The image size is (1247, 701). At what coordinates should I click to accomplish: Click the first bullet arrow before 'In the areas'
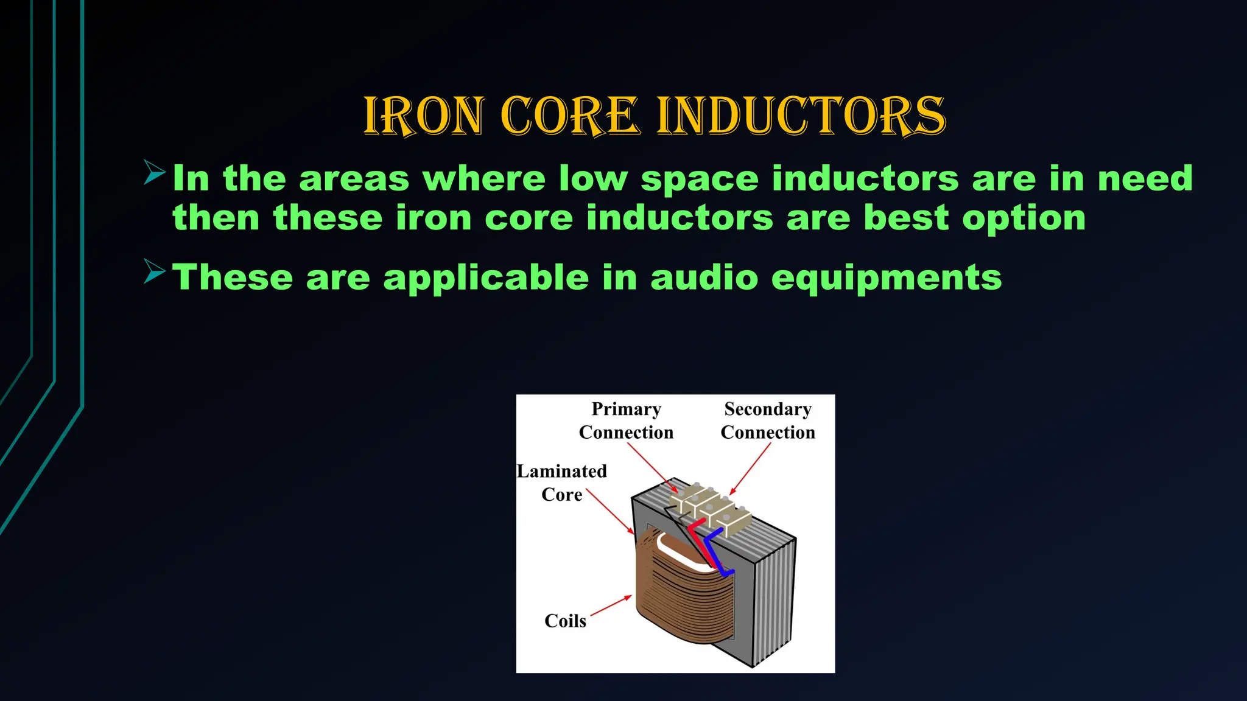point(155,172)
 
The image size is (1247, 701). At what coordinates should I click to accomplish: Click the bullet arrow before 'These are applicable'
point(155,271)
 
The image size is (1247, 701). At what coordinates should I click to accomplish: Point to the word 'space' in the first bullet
point(700,180)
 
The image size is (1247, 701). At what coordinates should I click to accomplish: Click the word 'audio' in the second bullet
point(704,277)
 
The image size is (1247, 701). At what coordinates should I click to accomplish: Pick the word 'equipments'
point(886,279)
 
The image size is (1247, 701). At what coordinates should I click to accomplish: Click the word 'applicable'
point(485,279)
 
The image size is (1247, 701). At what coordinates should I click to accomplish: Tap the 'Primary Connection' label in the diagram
point(626,420)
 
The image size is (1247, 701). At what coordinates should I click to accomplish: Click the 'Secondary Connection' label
point(768,420)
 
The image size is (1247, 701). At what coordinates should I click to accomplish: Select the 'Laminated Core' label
point(561,483)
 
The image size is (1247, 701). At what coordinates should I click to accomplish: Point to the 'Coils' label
point(565,621)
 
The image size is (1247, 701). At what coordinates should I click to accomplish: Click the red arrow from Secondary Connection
point(751,468)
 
